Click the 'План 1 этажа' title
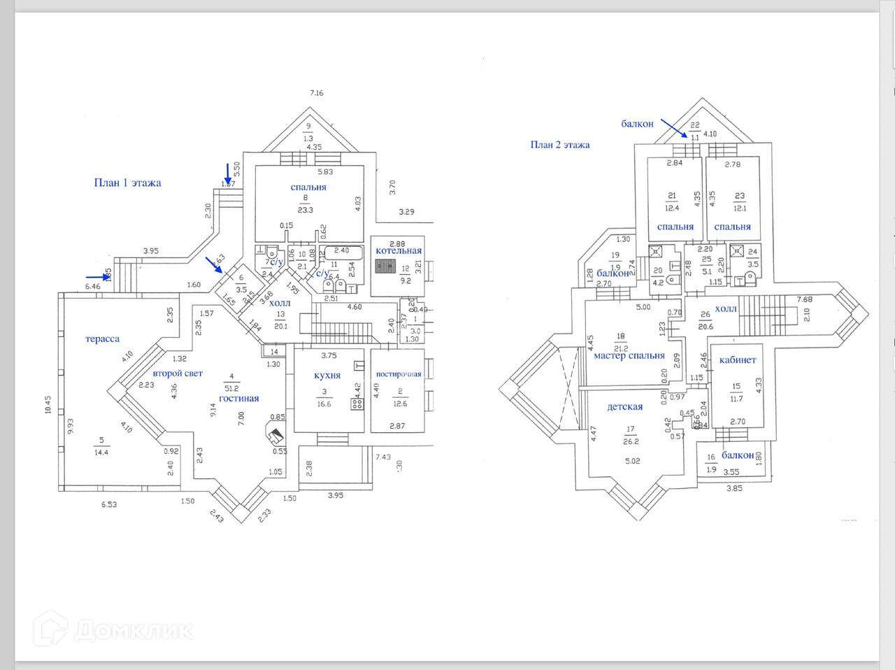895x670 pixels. (127, 183)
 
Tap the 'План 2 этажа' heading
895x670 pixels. (559, 145)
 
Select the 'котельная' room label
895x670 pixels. (399, 250)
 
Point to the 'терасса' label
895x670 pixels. (102, 338)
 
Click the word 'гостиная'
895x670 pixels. (238, 399)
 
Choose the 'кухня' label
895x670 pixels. (327, 375)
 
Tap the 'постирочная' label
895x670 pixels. (399, 374)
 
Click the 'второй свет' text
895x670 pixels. (178, 373)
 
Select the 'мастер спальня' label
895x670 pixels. (629, 355)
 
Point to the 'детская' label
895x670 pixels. (624, 406)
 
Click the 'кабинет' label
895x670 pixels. (738, 359)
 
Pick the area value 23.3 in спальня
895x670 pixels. (305, 210)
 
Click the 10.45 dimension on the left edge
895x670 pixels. (48, 406)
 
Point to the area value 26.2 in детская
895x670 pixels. (631, 441)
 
